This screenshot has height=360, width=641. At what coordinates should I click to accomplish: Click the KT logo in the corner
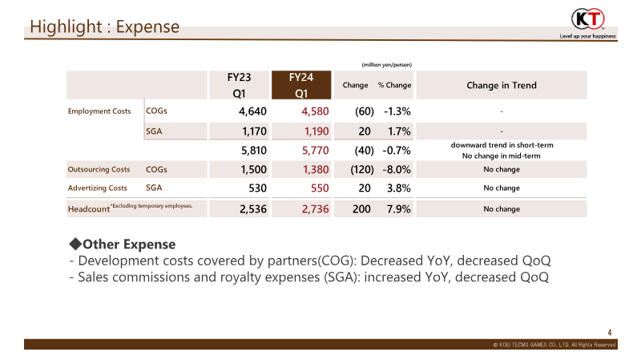click(x=588, y=18)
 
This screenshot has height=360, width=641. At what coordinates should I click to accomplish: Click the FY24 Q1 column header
click(x=301, y=85)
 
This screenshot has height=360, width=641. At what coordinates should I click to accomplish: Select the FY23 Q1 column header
click(x=239, y=85)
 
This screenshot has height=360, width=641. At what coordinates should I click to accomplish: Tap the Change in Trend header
click(x=502, y=85)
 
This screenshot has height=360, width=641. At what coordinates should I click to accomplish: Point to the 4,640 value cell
click(x=252, y=111)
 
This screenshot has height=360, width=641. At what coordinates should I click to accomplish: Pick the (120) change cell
click(x=362, y=169)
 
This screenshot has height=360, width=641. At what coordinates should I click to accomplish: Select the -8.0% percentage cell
click(x=397, y=169)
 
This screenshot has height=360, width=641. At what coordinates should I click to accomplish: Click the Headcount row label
click(x=89, y=209)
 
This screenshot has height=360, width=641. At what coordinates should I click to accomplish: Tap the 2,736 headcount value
click(x=315, y=209)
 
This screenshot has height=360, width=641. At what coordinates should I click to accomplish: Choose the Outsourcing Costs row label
click(x=99, y=169)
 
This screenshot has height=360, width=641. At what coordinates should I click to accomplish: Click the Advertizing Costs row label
click(x=97, y=188)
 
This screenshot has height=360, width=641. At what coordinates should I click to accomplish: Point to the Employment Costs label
click(x=99, y=111)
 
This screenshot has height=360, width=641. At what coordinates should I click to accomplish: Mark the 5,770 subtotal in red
click(x=315, y=151)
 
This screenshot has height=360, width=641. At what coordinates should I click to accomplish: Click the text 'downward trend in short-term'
click(x=502, y=145)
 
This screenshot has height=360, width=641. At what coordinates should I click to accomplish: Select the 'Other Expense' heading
click(x=129, y=245)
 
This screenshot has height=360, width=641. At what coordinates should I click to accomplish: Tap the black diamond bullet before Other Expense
click(x=75, y=245)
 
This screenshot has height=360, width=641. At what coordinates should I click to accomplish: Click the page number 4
click(x=610, y=333)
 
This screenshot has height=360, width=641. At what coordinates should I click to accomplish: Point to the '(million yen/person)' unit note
click(x=387, y=65)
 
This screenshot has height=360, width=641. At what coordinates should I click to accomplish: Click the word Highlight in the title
click(x=66, y=27)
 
